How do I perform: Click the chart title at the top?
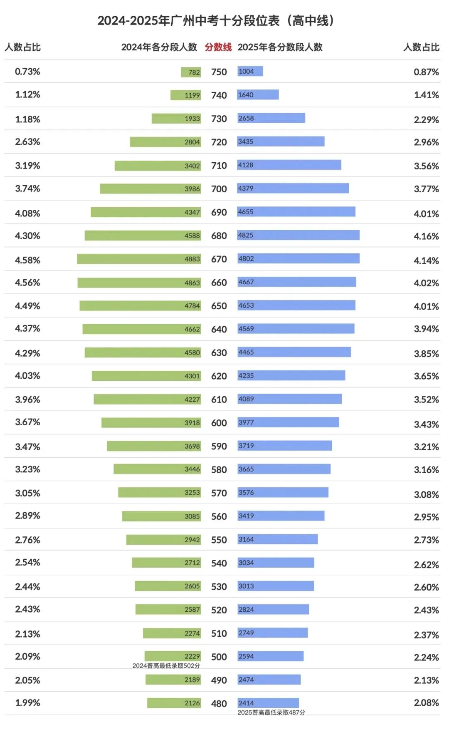point(216,20)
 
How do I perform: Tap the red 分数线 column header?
point(218,47)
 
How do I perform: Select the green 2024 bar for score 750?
point(191,72)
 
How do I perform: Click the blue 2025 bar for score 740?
point(258,95)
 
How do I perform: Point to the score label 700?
point(219,189)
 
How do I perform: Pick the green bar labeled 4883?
point(139,259)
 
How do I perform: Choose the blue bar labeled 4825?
point(298,235)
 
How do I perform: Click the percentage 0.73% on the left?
point(27,72)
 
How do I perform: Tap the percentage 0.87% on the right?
point(426,72)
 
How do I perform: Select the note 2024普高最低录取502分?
point(166,666)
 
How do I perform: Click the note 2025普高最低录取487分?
point(271,712)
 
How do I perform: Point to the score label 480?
point(219,704)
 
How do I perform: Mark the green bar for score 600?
point(151,423)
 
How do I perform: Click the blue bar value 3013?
point(246,586)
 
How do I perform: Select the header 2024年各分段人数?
point(159,47)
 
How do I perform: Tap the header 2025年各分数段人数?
point(280,47)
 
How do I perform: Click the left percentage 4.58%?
point(27,260)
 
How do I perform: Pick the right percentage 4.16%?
point(426,236)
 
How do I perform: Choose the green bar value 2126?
point(192,703)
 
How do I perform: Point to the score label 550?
point(219,540)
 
